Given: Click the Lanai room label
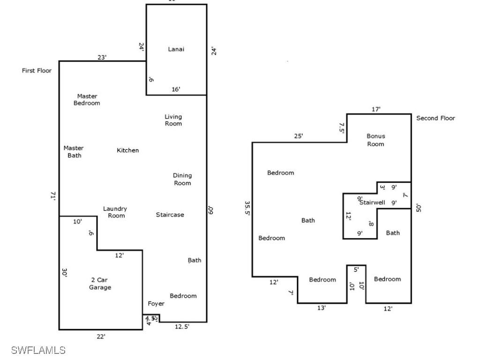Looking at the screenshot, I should pos(176,49).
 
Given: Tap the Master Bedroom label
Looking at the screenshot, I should pos(87,99).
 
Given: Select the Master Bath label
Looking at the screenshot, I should pos(74,151).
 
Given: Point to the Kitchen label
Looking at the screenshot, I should pos(127,150).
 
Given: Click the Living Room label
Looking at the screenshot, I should pos(173,120).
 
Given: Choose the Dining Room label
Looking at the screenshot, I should pos(182,179).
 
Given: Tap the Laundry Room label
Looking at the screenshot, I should pos(115,212).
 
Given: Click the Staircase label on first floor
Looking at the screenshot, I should pos(170,215).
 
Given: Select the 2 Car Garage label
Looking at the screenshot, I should pos(100,284).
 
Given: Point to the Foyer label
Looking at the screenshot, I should pos(156,303).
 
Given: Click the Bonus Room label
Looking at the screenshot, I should pos(375,140).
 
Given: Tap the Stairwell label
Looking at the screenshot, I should pos(372,202).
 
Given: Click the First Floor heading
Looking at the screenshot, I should pos(37,71).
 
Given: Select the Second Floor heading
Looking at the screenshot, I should pos(435,118).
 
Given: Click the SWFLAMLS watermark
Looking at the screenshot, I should pos(38,350).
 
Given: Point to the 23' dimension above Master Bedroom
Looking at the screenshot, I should pos(102,57).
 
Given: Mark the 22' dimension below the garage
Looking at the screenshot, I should pos(101,336).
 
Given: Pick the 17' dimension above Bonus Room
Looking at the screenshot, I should pos(376,109).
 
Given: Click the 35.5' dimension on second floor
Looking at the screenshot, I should pos(247,208).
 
